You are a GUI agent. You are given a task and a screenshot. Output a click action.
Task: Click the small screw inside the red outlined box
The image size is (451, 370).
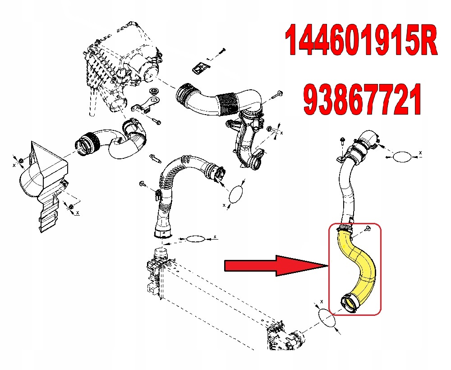pyautogui.click(x=368, y=229)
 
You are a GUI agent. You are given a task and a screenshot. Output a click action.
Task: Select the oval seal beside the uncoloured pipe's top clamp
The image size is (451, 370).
pyautogui.click(x=400, y=157)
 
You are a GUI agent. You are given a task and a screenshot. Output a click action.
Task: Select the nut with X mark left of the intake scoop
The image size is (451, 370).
pyautogui.click(x=21, y=161)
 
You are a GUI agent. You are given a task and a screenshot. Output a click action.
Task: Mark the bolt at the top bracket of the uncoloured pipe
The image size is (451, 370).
pyautogui.click(x=341, y=141)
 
